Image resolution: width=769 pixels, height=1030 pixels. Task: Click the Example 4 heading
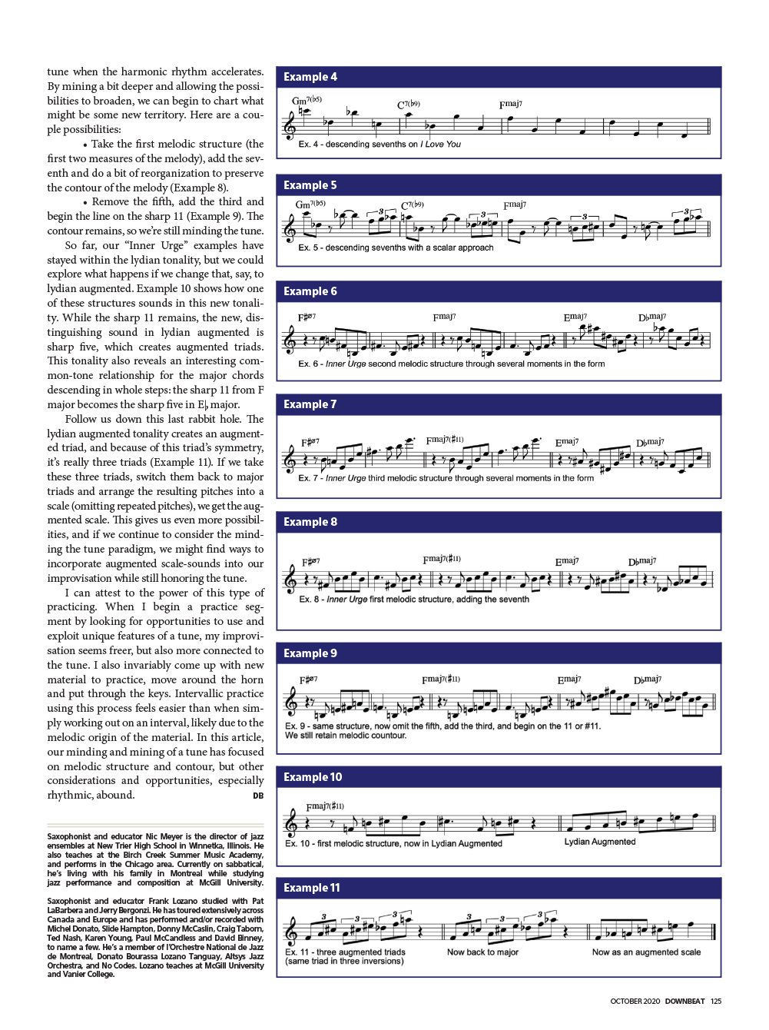(x=310, y=77)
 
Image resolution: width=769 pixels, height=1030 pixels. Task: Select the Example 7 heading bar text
(x=310, y=404)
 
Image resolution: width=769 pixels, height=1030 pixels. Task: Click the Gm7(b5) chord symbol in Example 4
(x=307, y=101)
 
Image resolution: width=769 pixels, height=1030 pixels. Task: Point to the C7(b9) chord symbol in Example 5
(x=413, y=205)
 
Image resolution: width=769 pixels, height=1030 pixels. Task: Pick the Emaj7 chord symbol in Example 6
(x=575, y=317)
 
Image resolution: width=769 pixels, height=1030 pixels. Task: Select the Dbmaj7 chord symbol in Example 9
(x=648, y=679)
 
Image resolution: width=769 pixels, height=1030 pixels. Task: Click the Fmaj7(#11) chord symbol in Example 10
(x=325, y=806)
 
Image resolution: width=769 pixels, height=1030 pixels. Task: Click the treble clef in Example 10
(x=290, y=823)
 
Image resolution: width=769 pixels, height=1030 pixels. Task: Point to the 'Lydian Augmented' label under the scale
(x=600, y=842)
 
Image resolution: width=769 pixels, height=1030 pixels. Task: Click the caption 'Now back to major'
(x=482, y=952)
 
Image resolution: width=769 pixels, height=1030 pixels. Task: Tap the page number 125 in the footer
(x=716, y=1002)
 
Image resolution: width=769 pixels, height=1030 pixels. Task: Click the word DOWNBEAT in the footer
(x=684, y=1002)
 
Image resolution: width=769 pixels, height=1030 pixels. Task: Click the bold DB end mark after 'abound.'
(x=258, y=796)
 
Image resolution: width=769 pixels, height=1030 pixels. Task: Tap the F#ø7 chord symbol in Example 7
(x=310, y=442)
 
